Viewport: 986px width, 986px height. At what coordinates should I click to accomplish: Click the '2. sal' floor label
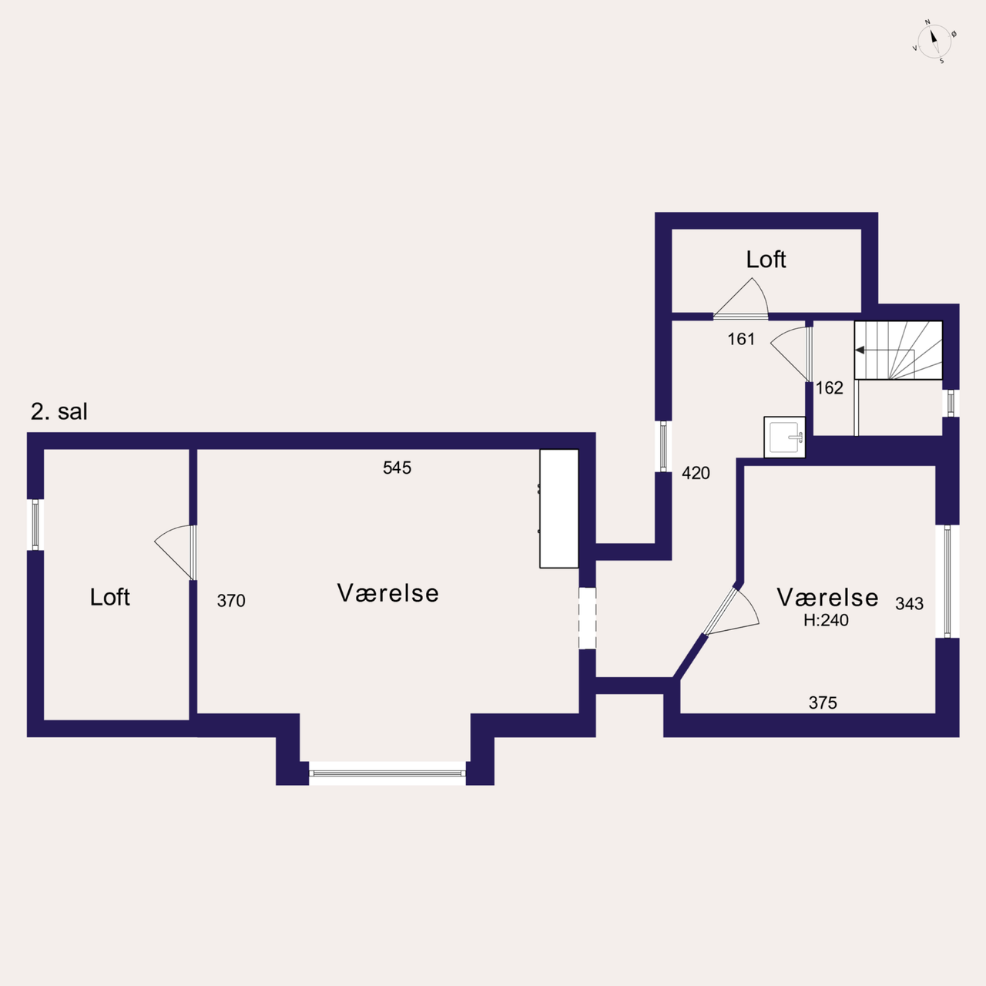[59, 412]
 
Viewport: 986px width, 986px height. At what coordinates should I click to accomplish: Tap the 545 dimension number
[397, 468]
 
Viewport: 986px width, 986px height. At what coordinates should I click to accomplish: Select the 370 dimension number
[231, 601]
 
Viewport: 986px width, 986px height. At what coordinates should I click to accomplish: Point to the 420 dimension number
[696, 473]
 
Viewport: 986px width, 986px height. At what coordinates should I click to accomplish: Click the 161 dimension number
[741, 339]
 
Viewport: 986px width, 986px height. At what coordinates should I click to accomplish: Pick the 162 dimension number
[830, 388]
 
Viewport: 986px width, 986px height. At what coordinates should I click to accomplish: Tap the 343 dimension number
[909, 604]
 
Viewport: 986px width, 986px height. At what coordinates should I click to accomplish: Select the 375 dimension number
[823, 703]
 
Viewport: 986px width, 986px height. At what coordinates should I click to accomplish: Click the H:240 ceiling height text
[826, 620]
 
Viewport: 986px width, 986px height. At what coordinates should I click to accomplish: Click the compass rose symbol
[934, 42]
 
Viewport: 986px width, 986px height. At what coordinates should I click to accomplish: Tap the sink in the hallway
[784, 438]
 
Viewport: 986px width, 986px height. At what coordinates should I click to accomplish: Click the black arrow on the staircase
[860, 350]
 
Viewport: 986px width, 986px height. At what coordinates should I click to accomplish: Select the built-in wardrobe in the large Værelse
[559, 508]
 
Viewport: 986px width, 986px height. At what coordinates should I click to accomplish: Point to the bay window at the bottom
[387, 773]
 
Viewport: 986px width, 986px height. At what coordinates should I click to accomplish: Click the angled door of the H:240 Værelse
[730, 612]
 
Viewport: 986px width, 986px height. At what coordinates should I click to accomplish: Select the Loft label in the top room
[766, 260]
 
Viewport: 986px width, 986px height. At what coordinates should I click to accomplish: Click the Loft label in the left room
[110, 597]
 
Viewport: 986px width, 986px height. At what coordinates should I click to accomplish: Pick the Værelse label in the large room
[387, 594]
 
